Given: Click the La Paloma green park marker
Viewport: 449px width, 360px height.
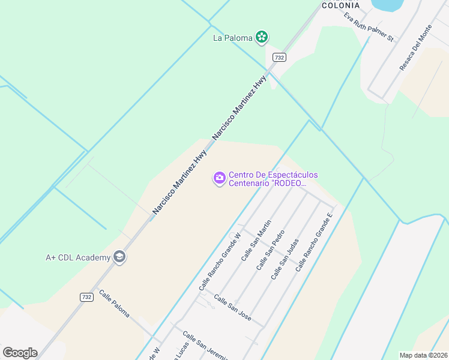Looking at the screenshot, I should click(262, 38).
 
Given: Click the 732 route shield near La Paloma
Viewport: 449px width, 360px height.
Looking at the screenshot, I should click(279, 57).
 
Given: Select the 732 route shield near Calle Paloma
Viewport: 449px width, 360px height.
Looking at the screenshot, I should click(86, 297).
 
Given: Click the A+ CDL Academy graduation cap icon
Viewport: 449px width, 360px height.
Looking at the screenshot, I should click(119, 257).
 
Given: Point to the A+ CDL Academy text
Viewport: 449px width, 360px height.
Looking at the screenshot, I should click(78, 257).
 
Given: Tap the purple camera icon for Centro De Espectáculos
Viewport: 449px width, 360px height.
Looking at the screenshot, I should click(219, 178).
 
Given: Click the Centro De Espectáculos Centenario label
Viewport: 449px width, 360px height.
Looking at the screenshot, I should click(273, 179).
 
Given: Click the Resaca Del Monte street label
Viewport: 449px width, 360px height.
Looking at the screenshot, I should click(415, 49).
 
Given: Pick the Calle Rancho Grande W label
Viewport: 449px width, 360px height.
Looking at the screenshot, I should click(220, 262).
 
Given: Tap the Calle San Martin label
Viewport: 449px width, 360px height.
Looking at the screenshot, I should click(256, 240).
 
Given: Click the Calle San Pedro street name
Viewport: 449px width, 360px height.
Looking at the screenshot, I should click(270, 250).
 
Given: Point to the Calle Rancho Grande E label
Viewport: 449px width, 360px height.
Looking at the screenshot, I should click(314, 242).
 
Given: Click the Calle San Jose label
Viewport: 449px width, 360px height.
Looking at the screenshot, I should click(232, 308).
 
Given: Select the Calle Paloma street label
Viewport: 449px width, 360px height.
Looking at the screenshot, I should click(114, 304).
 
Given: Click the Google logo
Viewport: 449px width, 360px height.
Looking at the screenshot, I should click(20, 353).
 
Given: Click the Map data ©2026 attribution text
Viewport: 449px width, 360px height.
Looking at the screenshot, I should click(423, 355).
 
